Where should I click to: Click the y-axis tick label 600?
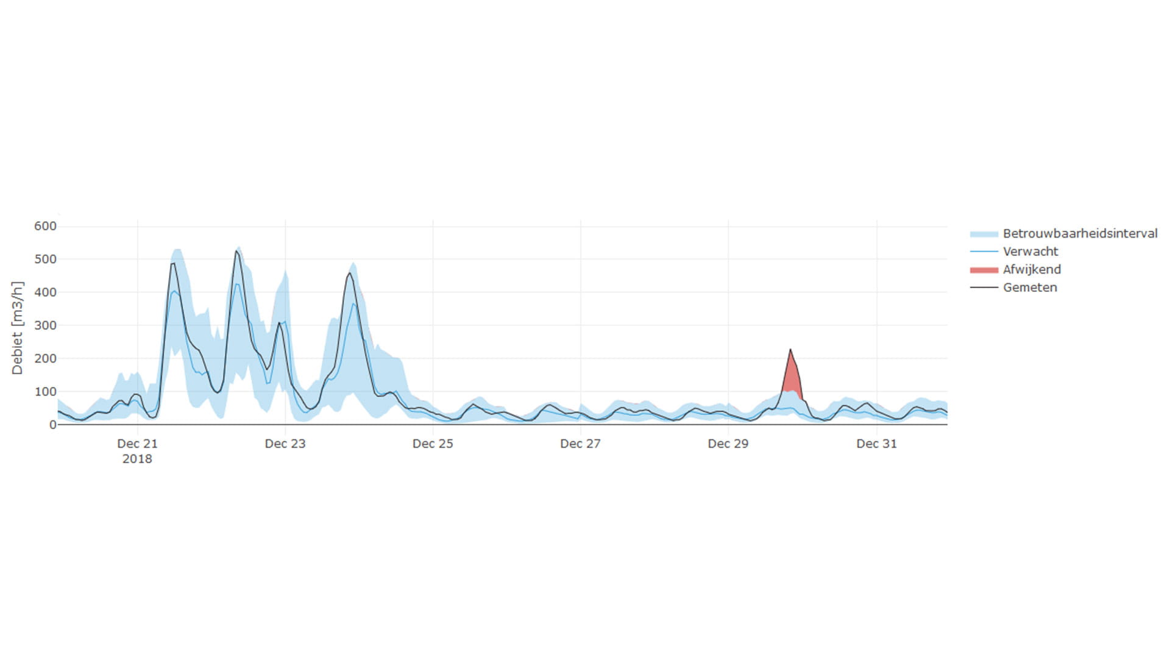coord(45,226)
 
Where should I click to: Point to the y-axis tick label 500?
coord(45,259)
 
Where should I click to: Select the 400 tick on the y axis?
coord(45,292)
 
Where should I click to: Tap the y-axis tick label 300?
coord(45,325)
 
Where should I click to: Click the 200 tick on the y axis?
coord(45,358)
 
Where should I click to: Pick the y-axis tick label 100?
coord(45,392)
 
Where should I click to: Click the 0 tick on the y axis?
coord(52,425)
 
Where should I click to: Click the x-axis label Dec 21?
coord(137,444)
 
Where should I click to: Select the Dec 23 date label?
coord(285,444)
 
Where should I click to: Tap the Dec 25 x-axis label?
coord(433,444)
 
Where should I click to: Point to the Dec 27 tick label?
coord(580,444)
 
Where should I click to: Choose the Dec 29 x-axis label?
coord(728,444)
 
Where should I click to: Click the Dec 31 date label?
coord(876,444)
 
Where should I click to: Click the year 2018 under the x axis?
coord(137,459)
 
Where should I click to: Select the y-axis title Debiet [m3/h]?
coord(17,328)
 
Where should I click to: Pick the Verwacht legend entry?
coord(1030,251)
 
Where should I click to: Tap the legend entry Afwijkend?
coord(1032,269)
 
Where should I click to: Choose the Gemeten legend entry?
coord(1030,288)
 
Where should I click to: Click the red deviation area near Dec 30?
coord(791,378)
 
